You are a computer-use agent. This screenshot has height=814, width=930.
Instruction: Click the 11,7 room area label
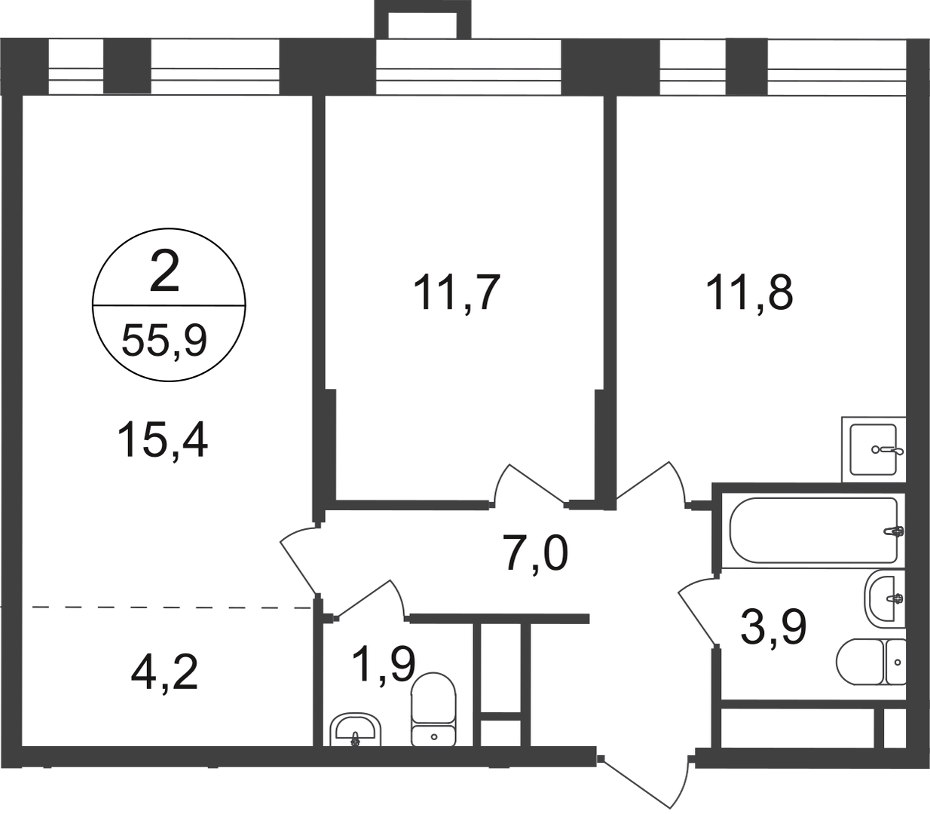pyautogui.click(x=457, y=293)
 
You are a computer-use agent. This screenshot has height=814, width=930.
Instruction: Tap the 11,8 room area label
pyautogui.click(x=750, y=293)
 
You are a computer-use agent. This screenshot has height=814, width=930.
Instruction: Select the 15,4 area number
pyautogui.click(x=162, y=440)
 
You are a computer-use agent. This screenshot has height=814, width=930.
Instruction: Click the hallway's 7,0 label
pyautogui.click(x=536, y=553)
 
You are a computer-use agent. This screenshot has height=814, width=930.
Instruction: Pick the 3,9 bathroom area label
pyautogui.click(x=772, y=627)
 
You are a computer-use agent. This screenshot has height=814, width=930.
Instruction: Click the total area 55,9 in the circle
pyautogui.click(x=164, y=341)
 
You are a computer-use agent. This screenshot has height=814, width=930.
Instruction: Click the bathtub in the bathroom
pyautogui.click(x=814, y=530)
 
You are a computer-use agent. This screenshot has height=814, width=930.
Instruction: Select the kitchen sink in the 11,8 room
pyautogui.click(x=873, y=449)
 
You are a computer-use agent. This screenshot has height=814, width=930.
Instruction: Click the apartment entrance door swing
pyautogui.click(x=645, y=771)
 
